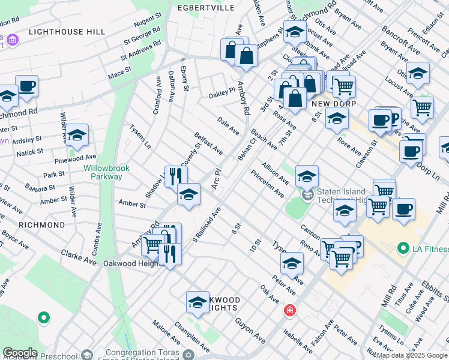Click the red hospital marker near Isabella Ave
coord(289,310)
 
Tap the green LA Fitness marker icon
coord(402,248)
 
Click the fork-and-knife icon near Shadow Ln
coord(176,175)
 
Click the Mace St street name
coord(119,73)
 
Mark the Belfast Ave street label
coord(208,143)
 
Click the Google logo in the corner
coord(20,353)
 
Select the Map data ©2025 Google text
coord(412,355)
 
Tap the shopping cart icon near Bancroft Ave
coord(344,86)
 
